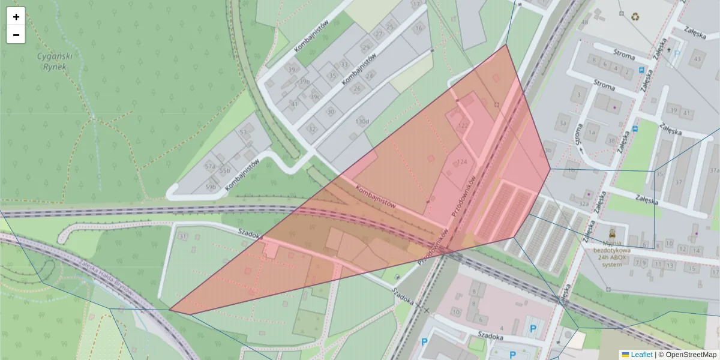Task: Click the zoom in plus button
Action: [16, 17]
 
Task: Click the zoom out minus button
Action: [16, 35]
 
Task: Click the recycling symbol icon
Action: [635, 17]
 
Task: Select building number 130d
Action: [362, 121]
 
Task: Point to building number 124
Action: [462, 163]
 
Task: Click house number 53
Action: [243, 132]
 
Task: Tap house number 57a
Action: [209, 166]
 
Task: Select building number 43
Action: [697, 59]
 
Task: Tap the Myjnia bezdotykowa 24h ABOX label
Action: [612, 254]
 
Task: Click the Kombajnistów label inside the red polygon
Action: [376, 196]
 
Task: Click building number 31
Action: [183, 236]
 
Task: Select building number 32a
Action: [583, 203]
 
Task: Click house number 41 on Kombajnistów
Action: [294, 104]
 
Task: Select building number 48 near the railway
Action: [584, 22]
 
